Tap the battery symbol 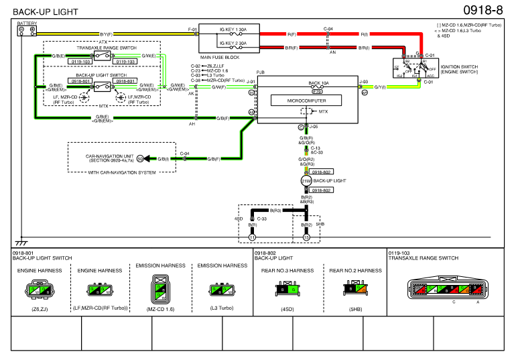(27, 30)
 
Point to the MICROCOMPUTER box (306, 100)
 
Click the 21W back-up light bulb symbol (306, 181)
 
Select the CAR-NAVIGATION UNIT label (110, 158)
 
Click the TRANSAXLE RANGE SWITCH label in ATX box (105, 48)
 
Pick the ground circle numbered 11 (252, 237)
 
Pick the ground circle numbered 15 (306, 237)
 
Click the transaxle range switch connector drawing (446, 290)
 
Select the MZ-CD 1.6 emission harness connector (161, 289)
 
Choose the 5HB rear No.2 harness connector (355, 290)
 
